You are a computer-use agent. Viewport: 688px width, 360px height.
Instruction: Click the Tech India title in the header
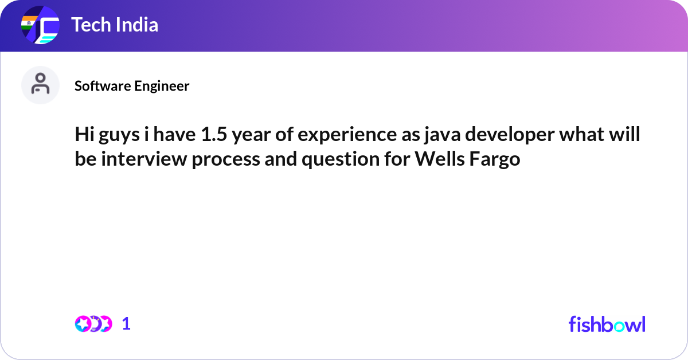click(x=115, y=25)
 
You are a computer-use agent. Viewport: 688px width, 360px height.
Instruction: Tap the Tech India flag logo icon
click(x=40, y=25)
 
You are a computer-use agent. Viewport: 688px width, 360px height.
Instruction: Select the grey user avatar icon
click(x=40, y=85)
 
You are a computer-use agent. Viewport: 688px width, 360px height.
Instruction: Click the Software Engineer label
click(x=132, y=86)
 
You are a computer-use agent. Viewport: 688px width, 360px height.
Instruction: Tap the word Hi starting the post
click(x=84, y=136)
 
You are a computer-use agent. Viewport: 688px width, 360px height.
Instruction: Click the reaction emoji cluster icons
click(x=93, y=324)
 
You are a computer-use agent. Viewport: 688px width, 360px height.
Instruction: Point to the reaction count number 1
click(x=126, y=324)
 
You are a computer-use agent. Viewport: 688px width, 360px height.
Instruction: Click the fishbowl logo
click(x=607, y=324)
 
